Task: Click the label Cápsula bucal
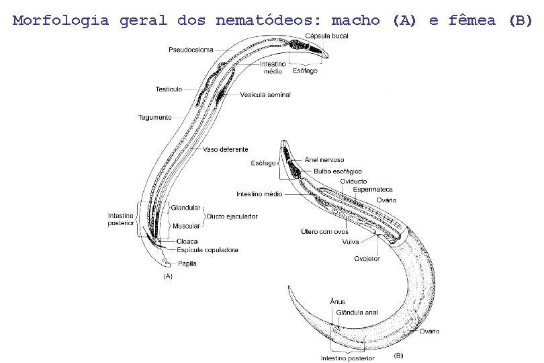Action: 326,35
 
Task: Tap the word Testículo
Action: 169,89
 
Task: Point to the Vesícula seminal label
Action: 265,95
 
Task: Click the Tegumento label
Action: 155,117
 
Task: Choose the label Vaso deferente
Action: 226,149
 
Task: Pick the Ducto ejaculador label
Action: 232,216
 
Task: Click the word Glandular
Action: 185,208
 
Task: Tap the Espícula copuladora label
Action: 208,250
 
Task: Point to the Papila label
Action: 187,264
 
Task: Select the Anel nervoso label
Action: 324,160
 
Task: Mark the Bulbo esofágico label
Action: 338,171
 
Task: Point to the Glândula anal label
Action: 357,312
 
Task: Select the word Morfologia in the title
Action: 60,19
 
